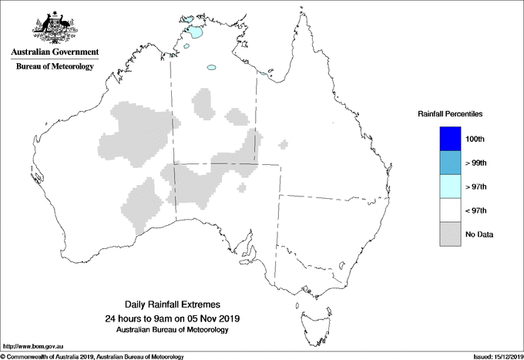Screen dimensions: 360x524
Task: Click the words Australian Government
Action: (x=54, y=52)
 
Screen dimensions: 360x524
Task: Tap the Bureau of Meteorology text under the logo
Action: (x=54, y=67)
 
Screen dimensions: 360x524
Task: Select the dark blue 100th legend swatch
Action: (x=450, y=139)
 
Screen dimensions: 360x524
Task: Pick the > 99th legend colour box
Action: (x=450, y=163)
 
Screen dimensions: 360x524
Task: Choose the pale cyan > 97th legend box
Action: (x=450, y=187)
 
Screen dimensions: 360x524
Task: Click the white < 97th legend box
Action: (x=450, y=210)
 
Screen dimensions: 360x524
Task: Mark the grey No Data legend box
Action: (x=450, y=234)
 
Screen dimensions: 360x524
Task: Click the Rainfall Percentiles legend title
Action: (x=450, y=114)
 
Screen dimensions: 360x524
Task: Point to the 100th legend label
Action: (x=475, y=139)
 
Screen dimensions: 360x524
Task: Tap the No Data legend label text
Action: (x=479, y=234)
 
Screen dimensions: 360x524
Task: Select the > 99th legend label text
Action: (x=476, y=163)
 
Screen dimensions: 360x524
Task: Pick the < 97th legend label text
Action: (x=476, y=210)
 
